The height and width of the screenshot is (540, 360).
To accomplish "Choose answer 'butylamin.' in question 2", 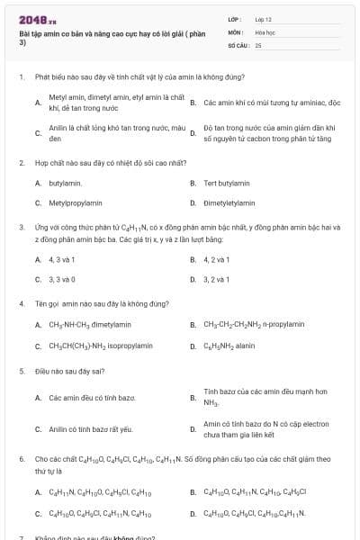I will click(x=65, y=183).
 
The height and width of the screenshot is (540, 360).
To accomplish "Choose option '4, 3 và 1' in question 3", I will click(x=62, y=259).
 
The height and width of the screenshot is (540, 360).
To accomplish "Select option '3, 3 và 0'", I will click(x=62, y=279).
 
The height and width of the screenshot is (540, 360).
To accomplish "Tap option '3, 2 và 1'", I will click(x=217, y=279).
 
